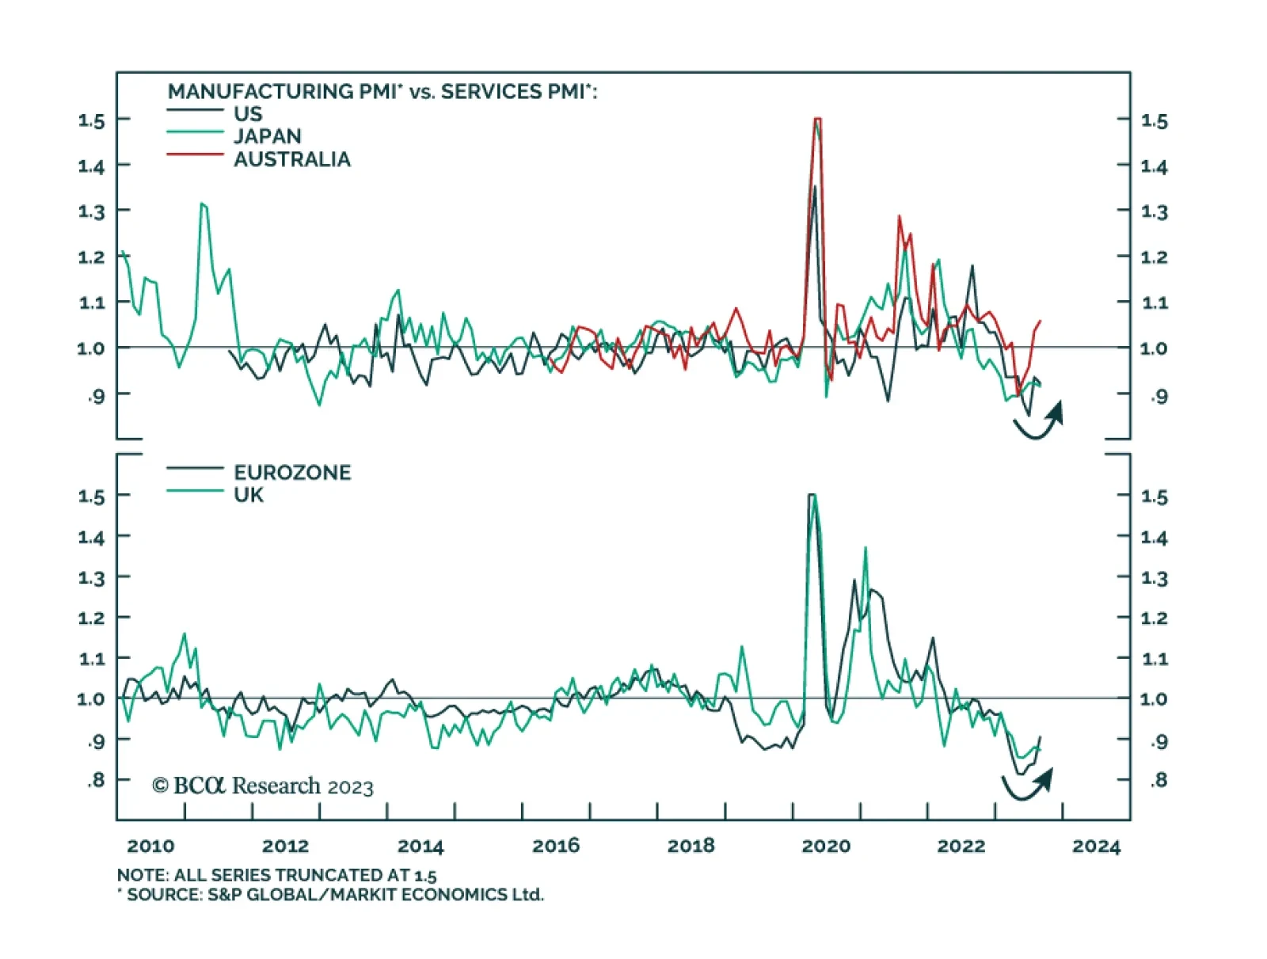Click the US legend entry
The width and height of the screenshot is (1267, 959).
247,114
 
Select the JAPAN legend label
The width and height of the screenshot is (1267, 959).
267,136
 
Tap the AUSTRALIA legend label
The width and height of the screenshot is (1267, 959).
291,159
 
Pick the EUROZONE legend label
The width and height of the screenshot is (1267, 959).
291,472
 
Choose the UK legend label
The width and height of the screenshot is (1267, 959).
248,495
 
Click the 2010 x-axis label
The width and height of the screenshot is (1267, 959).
150,846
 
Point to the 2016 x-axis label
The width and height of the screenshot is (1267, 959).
556,846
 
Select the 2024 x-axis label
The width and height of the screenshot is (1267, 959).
1096,846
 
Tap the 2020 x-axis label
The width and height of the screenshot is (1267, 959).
826,846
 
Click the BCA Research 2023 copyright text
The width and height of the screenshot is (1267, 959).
262,786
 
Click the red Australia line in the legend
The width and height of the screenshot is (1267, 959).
195,154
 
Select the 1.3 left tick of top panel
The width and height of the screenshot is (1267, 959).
91,211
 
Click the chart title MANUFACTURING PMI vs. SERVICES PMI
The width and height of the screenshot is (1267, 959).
382,92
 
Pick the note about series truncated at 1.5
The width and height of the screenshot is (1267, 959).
276,875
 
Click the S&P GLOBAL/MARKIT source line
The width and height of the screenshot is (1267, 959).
331,895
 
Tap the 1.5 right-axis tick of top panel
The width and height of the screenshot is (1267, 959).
1154,121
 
